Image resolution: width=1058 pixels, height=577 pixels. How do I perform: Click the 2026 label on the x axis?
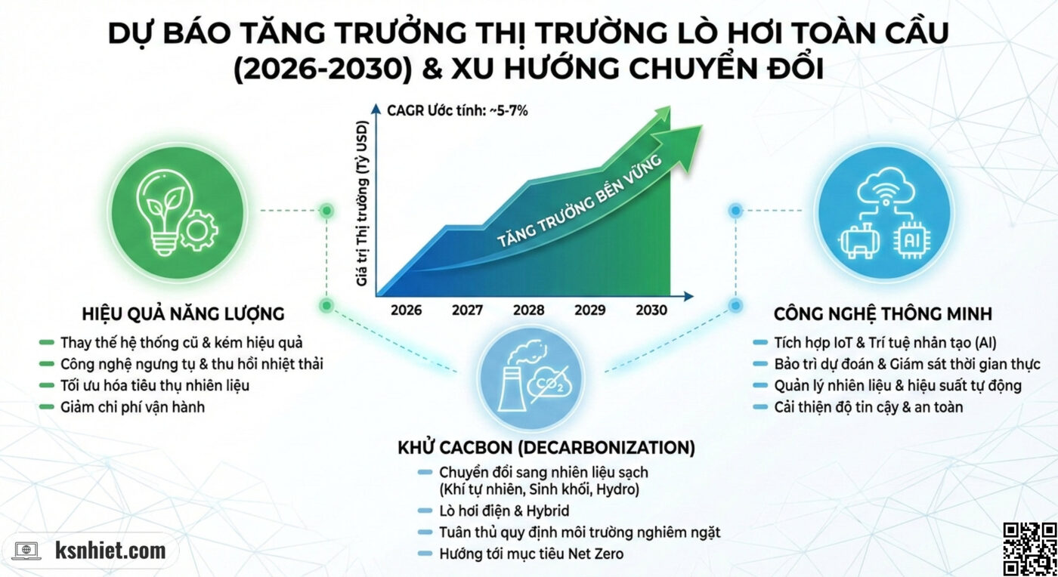pos(407,310)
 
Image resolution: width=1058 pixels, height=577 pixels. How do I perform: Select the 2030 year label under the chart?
pos(651,310)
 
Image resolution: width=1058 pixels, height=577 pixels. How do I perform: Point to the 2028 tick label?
pos(529,310)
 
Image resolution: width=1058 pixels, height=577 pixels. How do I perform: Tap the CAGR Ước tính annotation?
pos(457,111)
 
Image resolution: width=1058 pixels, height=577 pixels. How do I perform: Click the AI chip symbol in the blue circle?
pos(911,242)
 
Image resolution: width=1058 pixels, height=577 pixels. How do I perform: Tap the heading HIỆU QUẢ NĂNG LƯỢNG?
pos(183,313)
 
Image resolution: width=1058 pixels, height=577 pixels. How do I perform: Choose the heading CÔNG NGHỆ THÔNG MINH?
pos(883,313)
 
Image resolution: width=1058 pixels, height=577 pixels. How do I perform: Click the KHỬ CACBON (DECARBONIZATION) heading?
pos(546,448)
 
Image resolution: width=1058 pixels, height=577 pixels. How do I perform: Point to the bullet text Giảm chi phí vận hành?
pos(132,407)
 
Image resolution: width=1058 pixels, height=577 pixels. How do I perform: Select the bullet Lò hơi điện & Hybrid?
pos(504,511)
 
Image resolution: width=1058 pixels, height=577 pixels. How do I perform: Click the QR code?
pos(1029,548)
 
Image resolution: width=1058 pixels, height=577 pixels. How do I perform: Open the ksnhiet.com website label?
pos(110,551)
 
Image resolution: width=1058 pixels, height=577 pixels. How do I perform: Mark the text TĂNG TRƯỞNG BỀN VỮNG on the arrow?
pos(579,202)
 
